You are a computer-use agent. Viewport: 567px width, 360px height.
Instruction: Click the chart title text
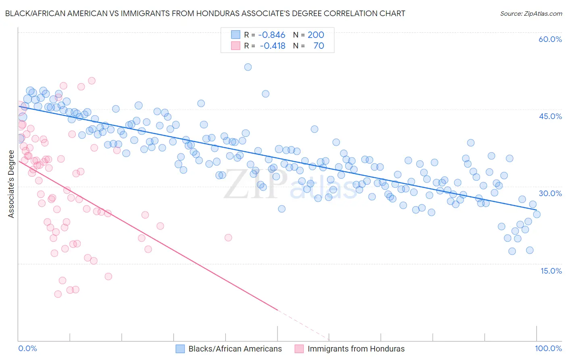(x=205, y=13)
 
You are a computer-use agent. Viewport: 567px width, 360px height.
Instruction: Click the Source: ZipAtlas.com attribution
(x=531, y=13)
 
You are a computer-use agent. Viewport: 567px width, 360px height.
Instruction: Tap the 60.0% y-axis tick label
(x=550, y=39)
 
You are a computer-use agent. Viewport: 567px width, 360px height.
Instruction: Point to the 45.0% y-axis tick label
(x=550, y=116)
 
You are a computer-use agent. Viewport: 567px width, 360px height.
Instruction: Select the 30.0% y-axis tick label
(x=550, y=193)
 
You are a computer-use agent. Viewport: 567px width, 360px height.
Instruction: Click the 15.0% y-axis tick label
(x=551, y=270)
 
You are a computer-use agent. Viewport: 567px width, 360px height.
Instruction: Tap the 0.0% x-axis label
(x=27, y=348)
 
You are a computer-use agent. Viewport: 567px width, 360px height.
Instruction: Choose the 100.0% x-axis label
(x=548, y=348)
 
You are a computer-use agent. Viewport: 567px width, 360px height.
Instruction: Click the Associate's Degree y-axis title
(x=11, y=184)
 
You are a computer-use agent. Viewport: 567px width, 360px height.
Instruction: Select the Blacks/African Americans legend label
(x=235, y=349)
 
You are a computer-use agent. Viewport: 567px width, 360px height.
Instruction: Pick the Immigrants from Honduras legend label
(x=356, y=349)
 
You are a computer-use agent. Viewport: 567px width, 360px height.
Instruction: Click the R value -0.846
(x=271, y=35)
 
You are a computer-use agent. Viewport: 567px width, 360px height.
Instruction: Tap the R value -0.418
(x=272, y=46)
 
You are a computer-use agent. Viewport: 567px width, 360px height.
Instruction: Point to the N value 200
(x=316, y=35)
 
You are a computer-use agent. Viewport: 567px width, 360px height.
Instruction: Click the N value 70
(x=319, y=46)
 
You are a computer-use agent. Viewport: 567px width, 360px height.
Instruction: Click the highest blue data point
(x=248, y=67)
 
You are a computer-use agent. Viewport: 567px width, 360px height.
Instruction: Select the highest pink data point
(x=92, y=81)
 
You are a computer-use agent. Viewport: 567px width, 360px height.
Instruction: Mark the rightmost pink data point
(x=228, y=237)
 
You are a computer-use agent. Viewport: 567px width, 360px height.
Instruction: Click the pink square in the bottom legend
(x=299, y=349)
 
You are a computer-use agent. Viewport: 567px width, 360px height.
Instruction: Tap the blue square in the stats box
(x=236, y=35)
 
